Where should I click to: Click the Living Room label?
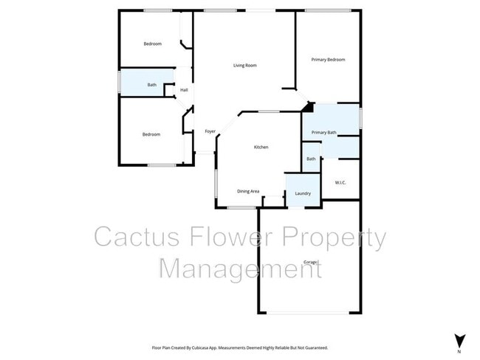[x=244, y=66]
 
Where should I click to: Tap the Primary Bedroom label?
[x=328, y=59]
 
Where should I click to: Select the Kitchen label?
[x=261, y=147]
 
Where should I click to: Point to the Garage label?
[x=310, y=262]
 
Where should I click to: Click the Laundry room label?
[x=303, y=193]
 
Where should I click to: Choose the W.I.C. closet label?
[x=340, y=182]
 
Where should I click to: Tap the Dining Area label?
[x=248, y=191]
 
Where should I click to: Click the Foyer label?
[x=210, y=131]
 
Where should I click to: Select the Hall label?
[x=184, y=90]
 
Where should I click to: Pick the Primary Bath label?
[x=323, y=132]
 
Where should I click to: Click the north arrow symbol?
[x=459, y=339]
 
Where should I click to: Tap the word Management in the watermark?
[x=241, y=268]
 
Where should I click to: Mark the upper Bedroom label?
[x=152, y=44]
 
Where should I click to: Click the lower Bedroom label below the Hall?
[x=151, y=134]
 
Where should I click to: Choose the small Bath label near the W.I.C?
[x=311, y=159]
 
